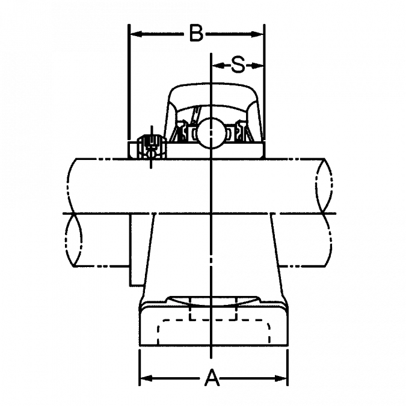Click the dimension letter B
tap(196, 33)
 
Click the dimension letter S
tap(238, 65)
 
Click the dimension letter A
tap(212, 378)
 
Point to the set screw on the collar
tap(151, 146)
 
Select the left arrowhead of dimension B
tap(136, 34)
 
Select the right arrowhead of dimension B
tap(257, 34)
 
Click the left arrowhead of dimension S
tap(218, 66)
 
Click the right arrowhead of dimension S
tap(257, 66)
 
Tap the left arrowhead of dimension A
tap(146, 378)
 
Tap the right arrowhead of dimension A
tap(281, 378)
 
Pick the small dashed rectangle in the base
tap(213, 309)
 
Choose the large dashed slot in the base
tap(214, 332)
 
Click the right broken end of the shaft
tap(324, 212)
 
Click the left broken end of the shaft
tap(75, 212)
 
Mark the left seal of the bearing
tap(181, 131)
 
